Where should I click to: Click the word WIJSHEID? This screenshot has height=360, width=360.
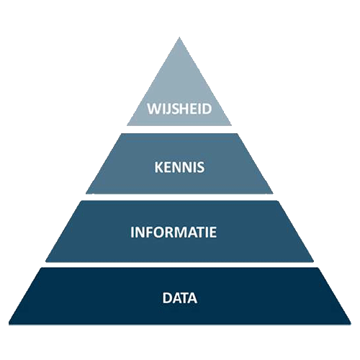pos(179,109)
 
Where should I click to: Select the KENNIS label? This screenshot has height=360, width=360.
pos(179,167)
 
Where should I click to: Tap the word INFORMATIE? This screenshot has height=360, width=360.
pos(174,232)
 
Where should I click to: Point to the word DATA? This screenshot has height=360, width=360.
pos(180,298)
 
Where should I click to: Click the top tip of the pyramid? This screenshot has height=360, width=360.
pos(179,37)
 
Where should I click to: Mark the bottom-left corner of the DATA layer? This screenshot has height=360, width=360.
pos(9,325)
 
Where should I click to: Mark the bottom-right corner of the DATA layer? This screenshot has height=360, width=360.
pos(351,325)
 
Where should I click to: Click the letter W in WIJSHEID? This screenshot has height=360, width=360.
pos(153,109)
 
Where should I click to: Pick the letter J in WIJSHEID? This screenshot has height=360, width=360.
pos(168,109)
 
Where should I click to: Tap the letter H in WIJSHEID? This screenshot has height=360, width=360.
pos(185,109)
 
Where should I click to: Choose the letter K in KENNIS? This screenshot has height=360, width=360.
pos(159,167)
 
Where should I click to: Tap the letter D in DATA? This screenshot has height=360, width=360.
pos(167,298)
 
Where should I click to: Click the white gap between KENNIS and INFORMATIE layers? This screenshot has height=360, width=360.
pos(179,197)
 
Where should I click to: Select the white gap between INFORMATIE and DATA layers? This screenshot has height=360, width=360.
pos(179,265)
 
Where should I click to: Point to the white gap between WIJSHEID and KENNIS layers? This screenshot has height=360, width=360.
pos(179,130)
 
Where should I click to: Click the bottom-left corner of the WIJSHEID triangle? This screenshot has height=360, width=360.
pos(127,125)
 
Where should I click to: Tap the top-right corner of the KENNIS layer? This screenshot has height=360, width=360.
pos(238,134)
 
